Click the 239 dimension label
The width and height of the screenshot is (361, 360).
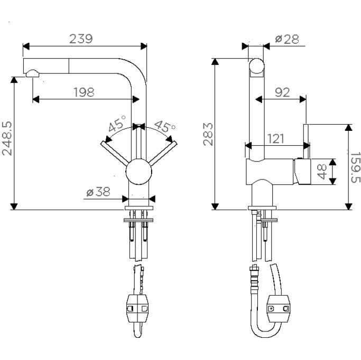tap(81, 39)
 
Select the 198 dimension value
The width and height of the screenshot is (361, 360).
tap(84, 92)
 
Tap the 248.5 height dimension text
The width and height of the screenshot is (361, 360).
tap(7, 138)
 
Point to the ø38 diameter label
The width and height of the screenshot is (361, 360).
tap(98, 192)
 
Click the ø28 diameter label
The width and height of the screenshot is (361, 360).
tap(287, 39)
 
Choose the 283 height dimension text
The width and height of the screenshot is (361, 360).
tap(208, 135)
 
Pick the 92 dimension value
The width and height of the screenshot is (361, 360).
tap(282, 92)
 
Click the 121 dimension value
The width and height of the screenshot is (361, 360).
tap(276, 139)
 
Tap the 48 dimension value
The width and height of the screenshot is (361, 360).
tap(322, 172)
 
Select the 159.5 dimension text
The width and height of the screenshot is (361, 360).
tap(356, 167)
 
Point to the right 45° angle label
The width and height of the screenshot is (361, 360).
tap(164, 127)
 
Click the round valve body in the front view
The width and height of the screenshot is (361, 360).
tap(138, 172)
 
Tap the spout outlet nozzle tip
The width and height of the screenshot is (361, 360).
tap(32, 73)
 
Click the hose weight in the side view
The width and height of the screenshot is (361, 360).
tap(279, 308)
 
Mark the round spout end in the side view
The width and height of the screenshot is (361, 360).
tap(257, 66)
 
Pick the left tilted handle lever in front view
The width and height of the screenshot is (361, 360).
tap(114, 153)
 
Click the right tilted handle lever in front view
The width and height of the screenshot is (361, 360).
tap(163, 153)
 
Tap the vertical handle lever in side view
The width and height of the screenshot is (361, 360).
tap(306, 141)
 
